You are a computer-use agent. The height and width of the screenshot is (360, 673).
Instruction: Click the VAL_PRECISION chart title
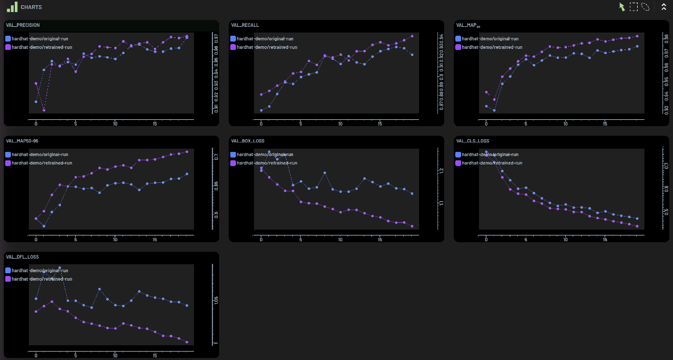tap(23, 25)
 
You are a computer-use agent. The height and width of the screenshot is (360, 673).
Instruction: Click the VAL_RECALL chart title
tap(245, 25)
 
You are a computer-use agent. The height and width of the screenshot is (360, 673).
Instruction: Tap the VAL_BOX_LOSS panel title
tap(248, 141)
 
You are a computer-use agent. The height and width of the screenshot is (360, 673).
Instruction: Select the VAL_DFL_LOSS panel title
tap(22, 257)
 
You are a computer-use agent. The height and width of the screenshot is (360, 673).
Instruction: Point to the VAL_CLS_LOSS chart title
tap(473, 141)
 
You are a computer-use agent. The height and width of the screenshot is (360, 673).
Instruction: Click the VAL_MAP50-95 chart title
tap(22, 141)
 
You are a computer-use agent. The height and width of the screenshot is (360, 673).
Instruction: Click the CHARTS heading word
tap(32, 7)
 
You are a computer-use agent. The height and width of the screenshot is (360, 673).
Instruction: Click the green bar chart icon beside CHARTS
tap(12, 7)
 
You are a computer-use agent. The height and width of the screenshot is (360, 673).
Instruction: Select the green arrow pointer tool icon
tap(623, 7)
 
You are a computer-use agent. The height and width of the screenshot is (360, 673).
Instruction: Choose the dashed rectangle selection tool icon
tap(634, 7)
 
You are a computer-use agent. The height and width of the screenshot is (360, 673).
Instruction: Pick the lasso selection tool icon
tap(646, 7)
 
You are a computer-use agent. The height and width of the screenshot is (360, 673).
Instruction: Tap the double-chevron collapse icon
tap(664, 7)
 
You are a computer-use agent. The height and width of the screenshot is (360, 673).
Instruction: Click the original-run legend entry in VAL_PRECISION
tap(39, 38)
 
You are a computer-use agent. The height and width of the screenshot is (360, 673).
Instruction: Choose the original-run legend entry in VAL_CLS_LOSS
tap(490, 155)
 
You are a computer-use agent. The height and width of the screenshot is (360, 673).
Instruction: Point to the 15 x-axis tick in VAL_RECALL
tap(380, 124)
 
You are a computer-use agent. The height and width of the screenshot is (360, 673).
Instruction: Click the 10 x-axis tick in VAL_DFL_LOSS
tap(115, 356)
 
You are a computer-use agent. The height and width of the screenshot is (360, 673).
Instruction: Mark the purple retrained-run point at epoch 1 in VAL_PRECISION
tap(44, 110)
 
